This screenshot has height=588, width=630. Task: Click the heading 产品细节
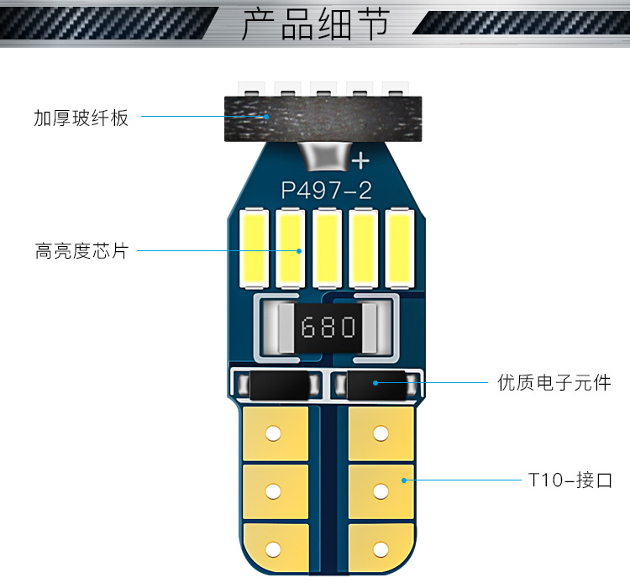pyautogui.click(x=315, y=25)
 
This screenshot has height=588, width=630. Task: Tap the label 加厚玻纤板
pyautogui.click(x=81, y=118)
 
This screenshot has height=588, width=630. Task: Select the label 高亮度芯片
pyautogui.click(x=81, y=250)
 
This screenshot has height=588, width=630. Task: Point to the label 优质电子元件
pyautogui.click(x=554, y=383)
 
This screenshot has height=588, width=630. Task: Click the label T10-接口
pyautogui.click(x=570, y=481)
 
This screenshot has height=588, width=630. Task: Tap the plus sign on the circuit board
pyautogui.click(x=361, y=160)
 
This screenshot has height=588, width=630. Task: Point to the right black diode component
pyautogui.click(x=374, y=386)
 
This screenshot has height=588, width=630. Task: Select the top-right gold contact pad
pyautogui.click(x=381, y=433)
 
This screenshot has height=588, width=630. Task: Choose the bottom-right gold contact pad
pyautogui.click(x=381, y=547)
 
